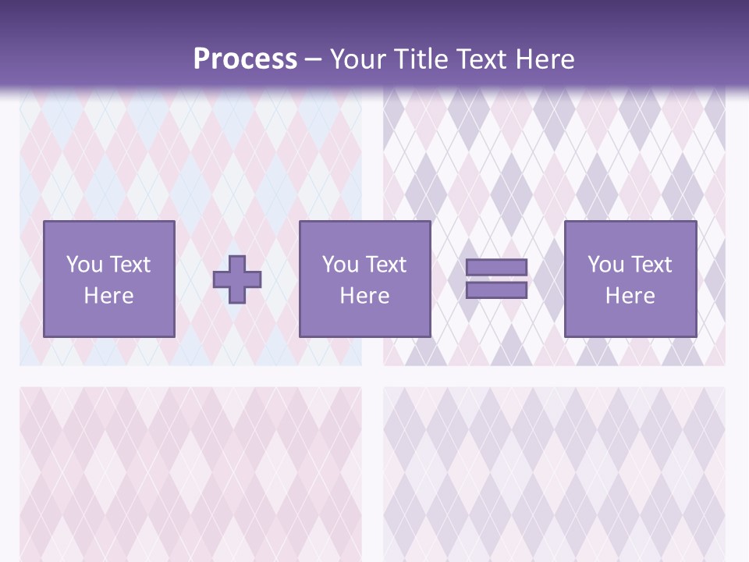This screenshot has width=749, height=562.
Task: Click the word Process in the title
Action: pyautogui.click(x=245, y=59)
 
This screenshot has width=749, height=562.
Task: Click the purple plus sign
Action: pyautogui.click(x=237, y=279)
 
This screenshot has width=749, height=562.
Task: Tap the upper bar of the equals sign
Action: pyautogui.click(x=496, y=268)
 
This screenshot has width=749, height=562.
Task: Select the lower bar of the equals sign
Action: pyautogui.click(x=496, y=290)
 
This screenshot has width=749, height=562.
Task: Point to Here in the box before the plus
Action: pyautogui.click(x=108, y=296)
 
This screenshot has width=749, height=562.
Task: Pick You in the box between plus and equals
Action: pyautogui.click(x=340, y=265)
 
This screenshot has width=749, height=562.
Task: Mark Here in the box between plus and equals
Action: pyautogui.click(x=364, y=296)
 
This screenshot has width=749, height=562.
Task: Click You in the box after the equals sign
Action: pyautogui.click(x=605, y=265)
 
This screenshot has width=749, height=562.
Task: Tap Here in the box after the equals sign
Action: pyautogui.click(x=630, y=296)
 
